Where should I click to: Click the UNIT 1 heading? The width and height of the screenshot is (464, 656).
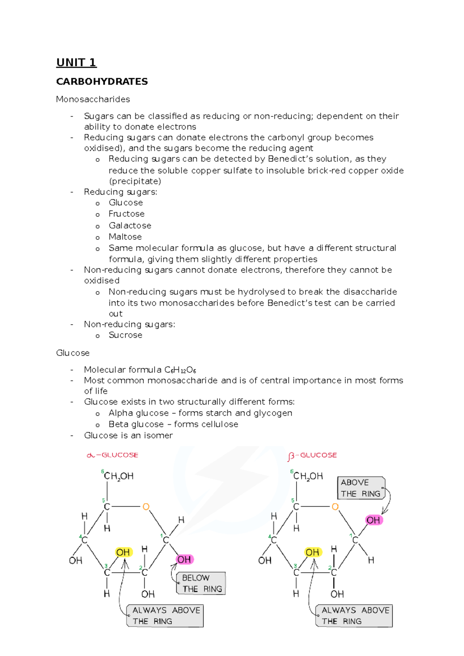pyautogui.click(x=76, y=63)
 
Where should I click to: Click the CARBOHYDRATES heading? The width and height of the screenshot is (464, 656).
pyautogui.click(x=102, y=82)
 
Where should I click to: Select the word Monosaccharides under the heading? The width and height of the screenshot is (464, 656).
pyautogui.click(x=93, y=99)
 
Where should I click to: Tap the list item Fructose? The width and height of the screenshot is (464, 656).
pyautogui.click(x=126, y=214)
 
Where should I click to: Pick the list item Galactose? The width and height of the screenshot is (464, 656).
pyautogui.click(x=130, y=226)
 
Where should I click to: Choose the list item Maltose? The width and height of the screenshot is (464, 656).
pyautogui.click(x=125, y=237)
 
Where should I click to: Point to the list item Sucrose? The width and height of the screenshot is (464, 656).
pyautogui.click(x=125, y=335)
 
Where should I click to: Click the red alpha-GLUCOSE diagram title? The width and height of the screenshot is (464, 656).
pyautogui.click(x=113, y=455)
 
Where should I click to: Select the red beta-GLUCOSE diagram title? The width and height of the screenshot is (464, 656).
pyautogui.click(x=312, y=455)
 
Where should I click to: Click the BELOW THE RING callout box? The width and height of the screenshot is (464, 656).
pyautogui.click(x=201, y=583)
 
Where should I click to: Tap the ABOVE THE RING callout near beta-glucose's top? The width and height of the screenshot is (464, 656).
pyautogui.click(x=360, y=488)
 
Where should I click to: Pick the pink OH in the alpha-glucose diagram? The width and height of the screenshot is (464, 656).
pyautogui.click(x=184, y=559)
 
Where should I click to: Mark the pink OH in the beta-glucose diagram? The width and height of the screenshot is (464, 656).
pyautogui.click(x=373, y=520)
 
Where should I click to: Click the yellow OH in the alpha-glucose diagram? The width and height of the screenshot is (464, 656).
pyautogui.click(x=123, y=552)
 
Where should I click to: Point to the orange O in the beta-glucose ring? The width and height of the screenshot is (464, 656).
pyautogui.click(x=335, y=507)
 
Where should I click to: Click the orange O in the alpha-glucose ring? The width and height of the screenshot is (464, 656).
pyautogui.click(x=146, y=507)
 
